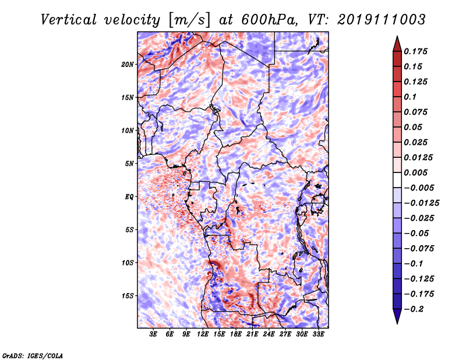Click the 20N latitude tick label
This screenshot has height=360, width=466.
[x=128, y=64]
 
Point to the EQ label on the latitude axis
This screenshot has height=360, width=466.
[x=129, y=197]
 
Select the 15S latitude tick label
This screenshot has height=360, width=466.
[x=128, y=296]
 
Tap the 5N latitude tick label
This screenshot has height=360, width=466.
[x=129, y=164]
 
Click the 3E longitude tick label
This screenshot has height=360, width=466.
[x=154, y=334]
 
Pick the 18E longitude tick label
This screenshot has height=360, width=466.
[x=236, y=334]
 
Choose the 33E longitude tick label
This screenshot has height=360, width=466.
[x=318, y=334]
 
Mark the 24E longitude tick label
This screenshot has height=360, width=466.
[x=269, y=334]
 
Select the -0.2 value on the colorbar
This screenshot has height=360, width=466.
[x=414, y=309]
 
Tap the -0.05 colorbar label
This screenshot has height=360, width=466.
[x=416, y=233]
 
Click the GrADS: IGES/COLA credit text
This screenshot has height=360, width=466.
[x=32, y=354]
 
